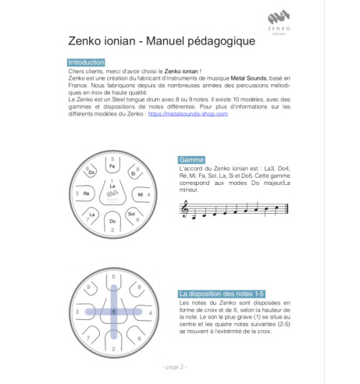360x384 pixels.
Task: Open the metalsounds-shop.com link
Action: click(187, 114)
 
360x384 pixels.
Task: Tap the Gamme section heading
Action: click(191, 159)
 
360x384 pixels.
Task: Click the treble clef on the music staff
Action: click(186, 208)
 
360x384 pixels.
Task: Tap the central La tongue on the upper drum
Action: click(113, 188)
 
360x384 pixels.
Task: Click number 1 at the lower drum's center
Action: click(113, 311)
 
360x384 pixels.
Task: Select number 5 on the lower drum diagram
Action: click(113, 277)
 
